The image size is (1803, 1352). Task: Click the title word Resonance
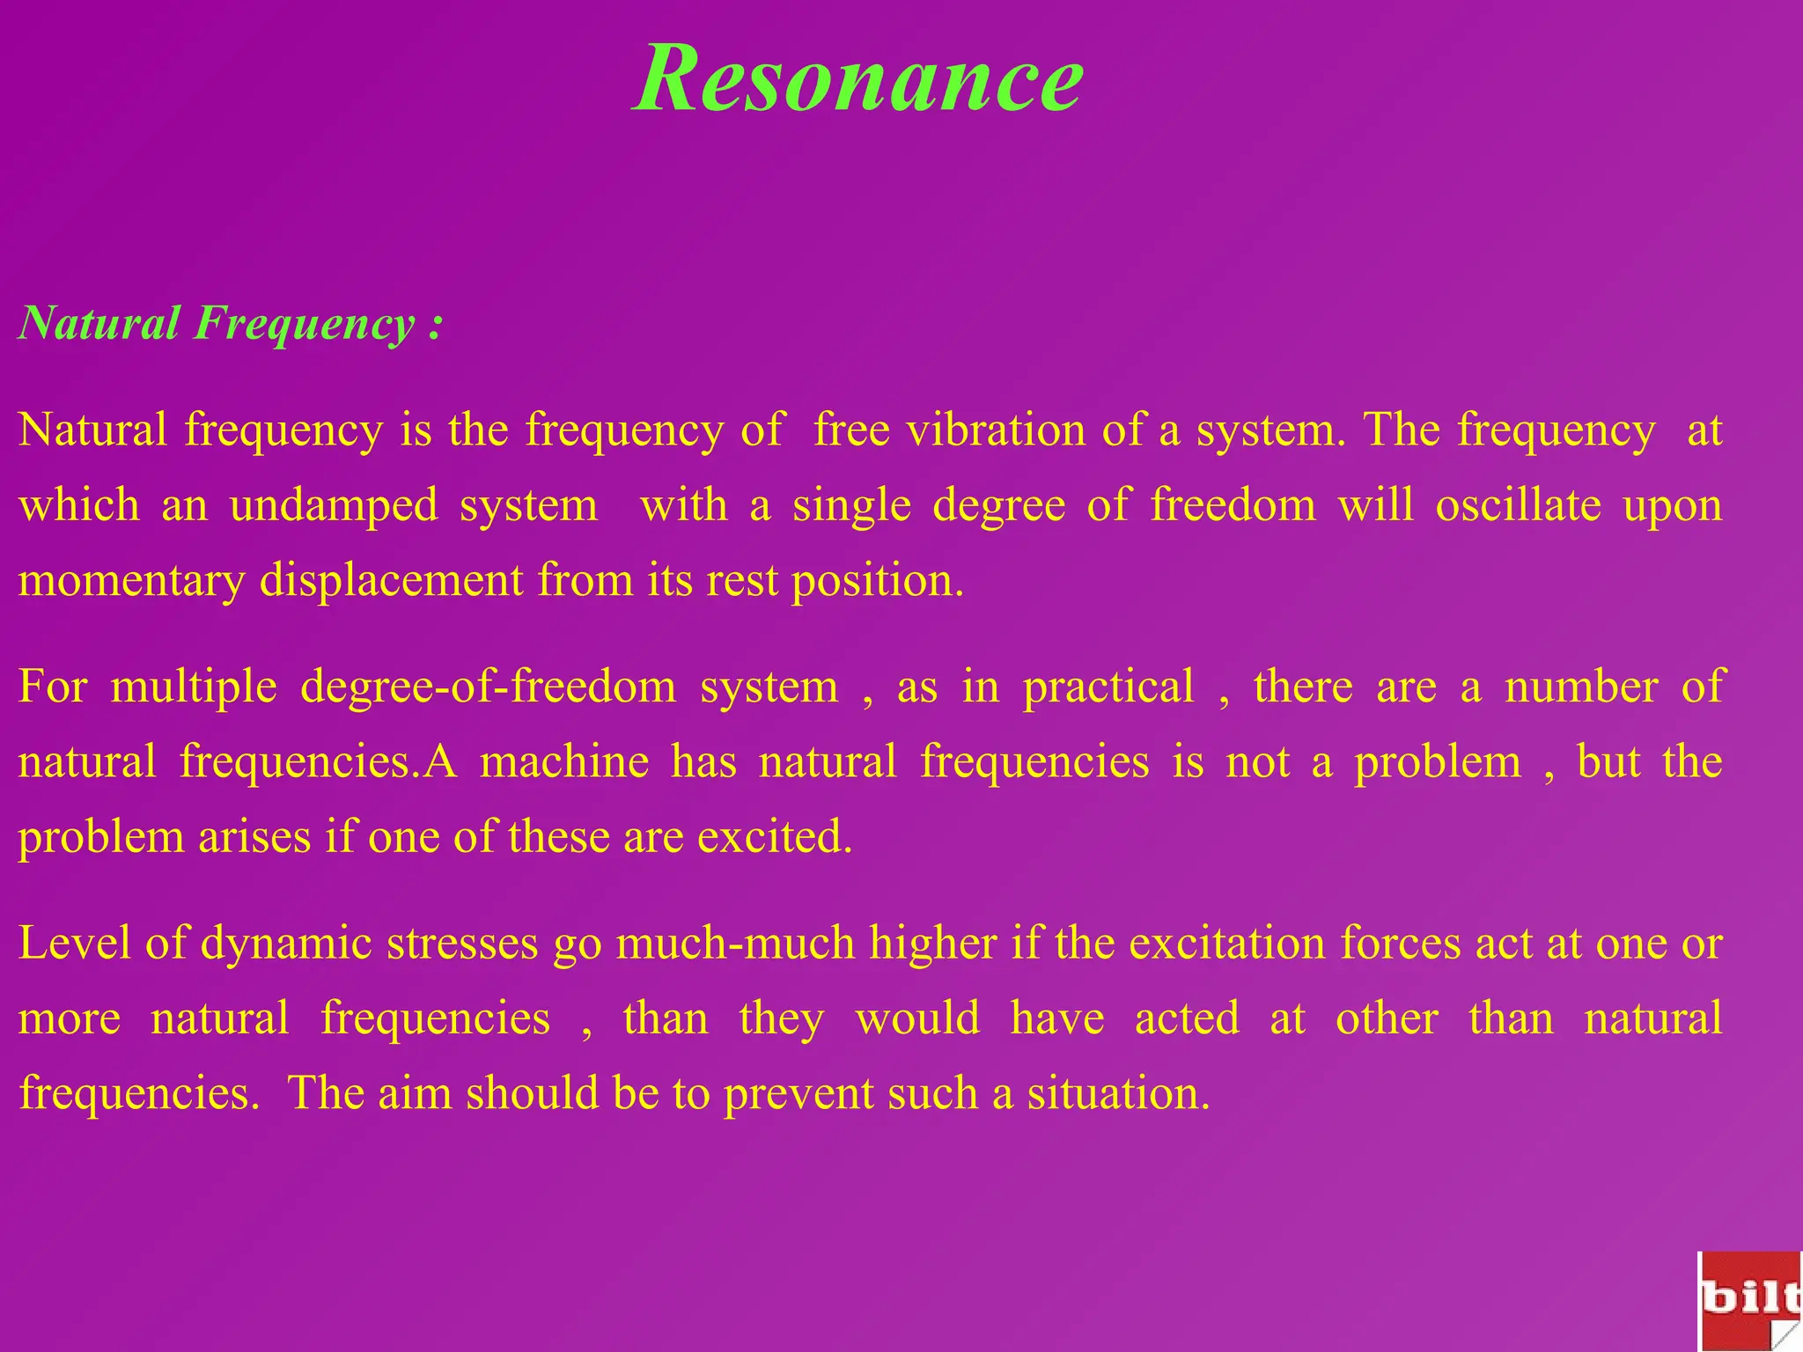click(857, 79)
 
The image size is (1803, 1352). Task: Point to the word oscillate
click(1518, 506)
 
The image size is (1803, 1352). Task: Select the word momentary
click(131, 582)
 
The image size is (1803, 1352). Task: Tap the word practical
click(1108, 687)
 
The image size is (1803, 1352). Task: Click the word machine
click(564, 762)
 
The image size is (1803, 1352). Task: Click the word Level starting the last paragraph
click(75, 944)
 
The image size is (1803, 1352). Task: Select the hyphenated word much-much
click(734, 944)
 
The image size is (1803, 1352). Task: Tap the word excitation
click(1227, 944)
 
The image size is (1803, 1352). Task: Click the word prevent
click(798, 1094)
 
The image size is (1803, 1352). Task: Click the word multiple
click(194, 687)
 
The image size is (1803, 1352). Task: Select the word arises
click(254, 837)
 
